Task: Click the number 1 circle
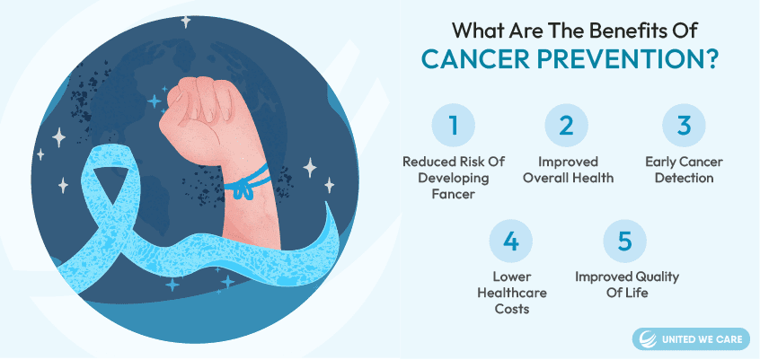[x=453, y=126]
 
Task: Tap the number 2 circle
[x=566, y=126]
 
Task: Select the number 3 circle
[x=684, y=126]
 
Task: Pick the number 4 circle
[x=510, y=241]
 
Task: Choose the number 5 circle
[x=624, y=241]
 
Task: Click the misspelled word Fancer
[x=454, y=194]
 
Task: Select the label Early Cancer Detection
[x=684, y=170]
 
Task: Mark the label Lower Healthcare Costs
[x=512, y=293]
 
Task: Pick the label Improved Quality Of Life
[x=627, y=285]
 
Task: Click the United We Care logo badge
[x=691, y=338]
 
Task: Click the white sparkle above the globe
[x=186, y=22]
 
